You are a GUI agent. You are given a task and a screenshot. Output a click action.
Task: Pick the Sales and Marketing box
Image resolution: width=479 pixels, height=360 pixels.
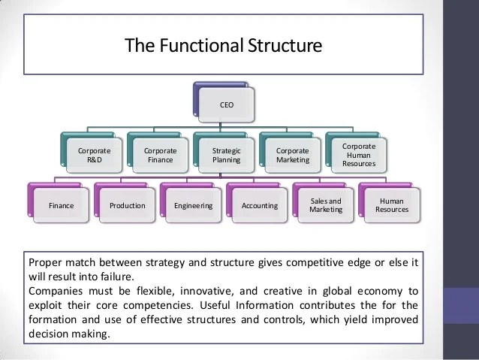tap(324, 205)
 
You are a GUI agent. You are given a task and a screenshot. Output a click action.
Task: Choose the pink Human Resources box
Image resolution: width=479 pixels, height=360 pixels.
tap(390, 205)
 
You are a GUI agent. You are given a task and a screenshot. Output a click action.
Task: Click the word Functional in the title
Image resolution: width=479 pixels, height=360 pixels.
tap(197, 46)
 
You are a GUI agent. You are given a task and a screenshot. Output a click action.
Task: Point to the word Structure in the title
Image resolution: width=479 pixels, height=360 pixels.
tap(286, 46)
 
